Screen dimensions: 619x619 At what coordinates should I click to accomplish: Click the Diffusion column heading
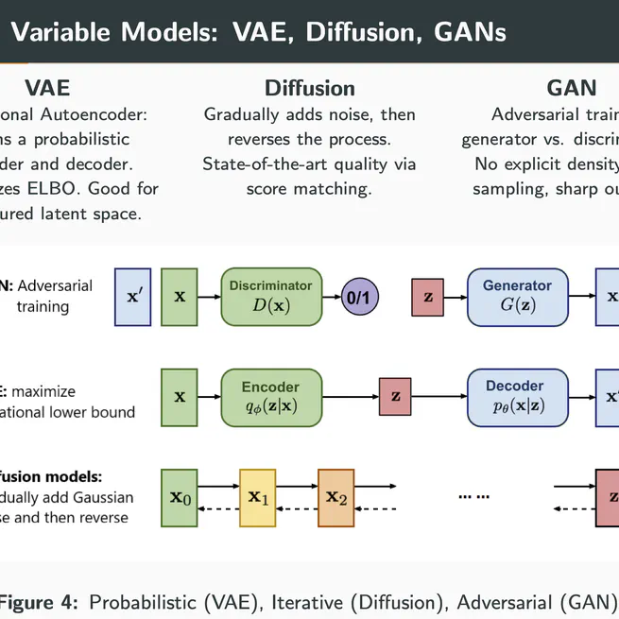(x=309, y=89)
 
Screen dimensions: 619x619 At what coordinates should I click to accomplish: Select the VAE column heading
(x=47, y=89)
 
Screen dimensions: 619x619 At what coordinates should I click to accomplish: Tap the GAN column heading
(x=572, y=89)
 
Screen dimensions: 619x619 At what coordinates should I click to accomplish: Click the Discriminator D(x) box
(x=269, y=296)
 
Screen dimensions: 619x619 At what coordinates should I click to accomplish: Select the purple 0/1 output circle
(x=359, y=297)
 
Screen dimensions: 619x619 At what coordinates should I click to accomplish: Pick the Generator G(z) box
(x=517, y=296)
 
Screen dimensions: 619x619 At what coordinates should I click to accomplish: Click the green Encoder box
(x=269, y=396)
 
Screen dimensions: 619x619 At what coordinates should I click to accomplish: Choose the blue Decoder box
(x=517, y=396)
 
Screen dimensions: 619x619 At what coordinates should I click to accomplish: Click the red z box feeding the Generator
(x=428, y=297)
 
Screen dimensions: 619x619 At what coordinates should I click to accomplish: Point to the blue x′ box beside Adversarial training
(x=132, y=297)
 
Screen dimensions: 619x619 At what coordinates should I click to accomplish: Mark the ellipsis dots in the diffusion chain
(x=473, y=496)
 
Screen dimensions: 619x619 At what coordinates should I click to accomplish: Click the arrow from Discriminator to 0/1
(x=330, y=297)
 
